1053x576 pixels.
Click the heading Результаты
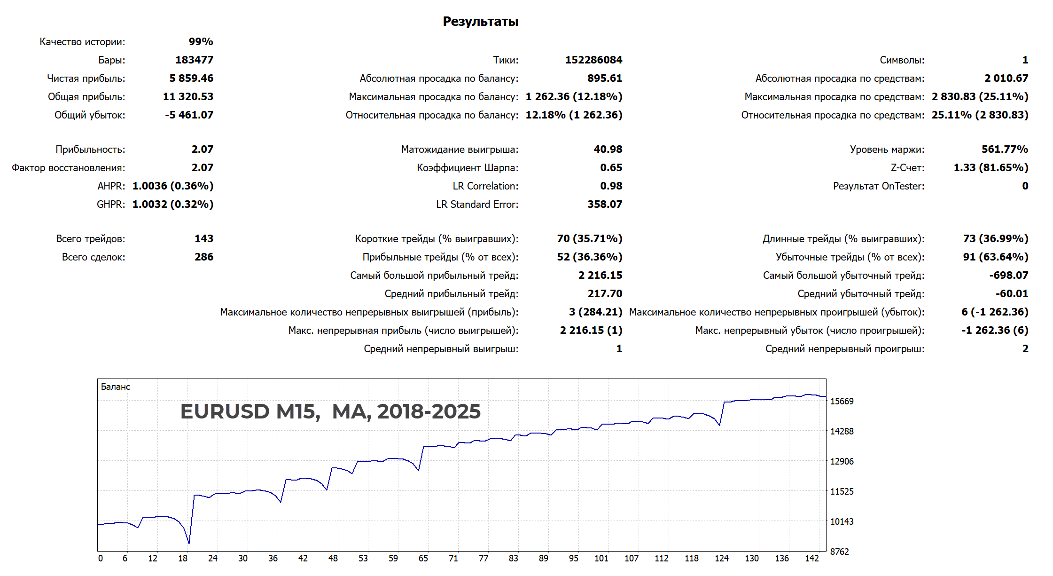[x=480, y=22]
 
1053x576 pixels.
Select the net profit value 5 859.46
[x=191, y=79]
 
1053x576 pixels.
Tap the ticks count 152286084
[x=593, y=60]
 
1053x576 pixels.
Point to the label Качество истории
[x=82, y=42]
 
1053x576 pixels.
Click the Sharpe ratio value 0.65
[x=611, y=168]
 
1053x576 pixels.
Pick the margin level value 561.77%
[x=1005, y=150]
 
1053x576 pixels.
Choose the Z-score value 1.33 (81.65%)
[x=991, y=168]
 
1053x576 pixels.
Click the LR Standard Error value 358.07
[x=604, y=205]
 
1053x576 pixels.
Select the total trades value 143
[x=204, y=239]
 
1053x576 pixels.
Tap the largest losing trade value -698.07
[x=1008, y=276]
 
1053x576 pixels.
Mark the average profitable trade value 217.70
[x=604, y=294]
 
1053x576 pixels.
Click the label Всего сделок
[x=94, y=257]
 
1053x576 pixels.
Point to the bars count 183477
[x=194, y=60]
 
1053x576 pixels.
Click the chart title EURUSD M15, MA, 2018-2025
[x=330, y=411]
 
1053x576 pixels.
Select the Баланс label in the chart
[x=116, y=387]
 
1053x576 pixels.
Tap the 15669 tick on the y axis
[x=842, y=402]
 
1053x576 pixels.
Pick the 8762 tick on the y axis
[x=839, y=552]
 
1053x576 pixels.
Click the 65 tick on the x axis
[x=423, y=559]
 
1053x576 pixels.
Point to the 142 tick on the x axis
[x=811, y=559]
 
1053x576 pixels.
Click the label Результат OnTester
[x=878, y=186]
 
